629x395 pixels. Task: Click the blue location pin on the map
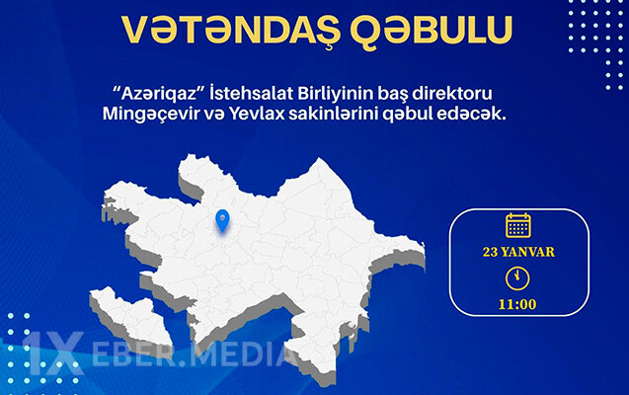tap(223, 220)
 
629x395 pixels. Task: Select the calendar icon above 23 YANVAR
tap(518, 225)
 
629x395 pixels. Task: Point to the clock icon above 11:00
tap(518, 278)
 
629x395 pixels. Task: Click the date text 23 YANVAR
tap(518, 252)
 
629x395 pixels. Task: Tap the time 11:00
tap(518, 304)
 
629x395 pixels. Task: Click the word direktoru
tap(459, 92)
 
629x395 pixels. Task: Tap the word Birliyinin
tap(331, 92)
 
